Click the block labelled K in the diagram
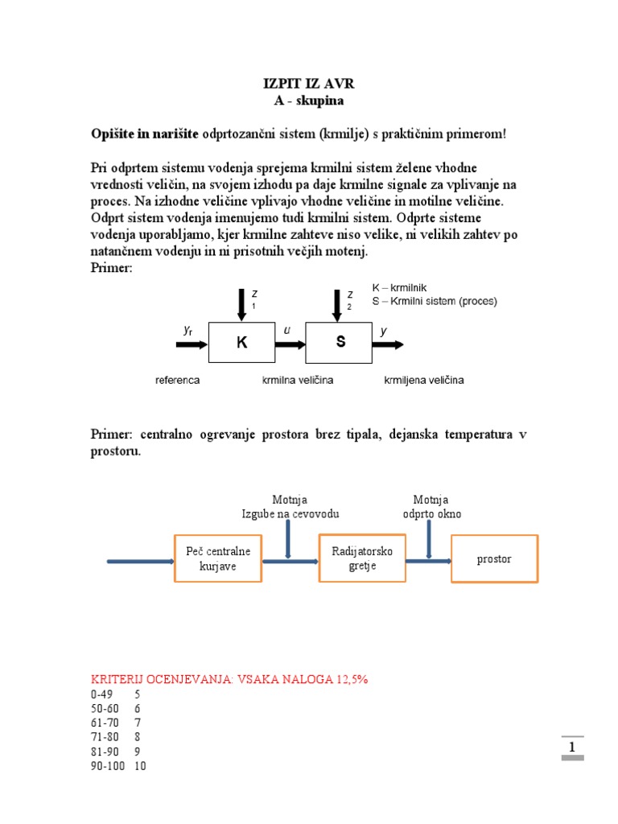click(x=241, y=343)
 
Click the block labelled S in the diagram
click(x=340, y=343)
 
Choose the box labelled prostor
click(x=494, y=559)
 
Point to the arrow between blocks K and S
click(x=290, y=344)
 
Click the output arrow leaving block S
click(x=388, y=344)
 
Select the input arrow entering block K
click(x=192, y=344)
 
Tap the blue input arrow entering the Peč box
click(x=141, y=560)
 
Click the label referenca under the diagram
click(x=177, y=380)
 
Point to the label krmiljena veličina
click(x=424, y=380)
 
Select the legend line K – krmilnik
click(x=399, y=287)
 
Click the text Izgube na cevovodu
click(x=290, y=513)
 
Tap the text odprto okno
click(x=432, y=513)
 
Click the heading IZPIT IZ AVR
click(x=309, y=84)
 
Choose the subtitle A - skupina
click(x=309, y=101)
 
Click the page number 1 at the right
click(x=572, y=748)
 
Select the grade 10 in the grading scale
click(x=140, y=766)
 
